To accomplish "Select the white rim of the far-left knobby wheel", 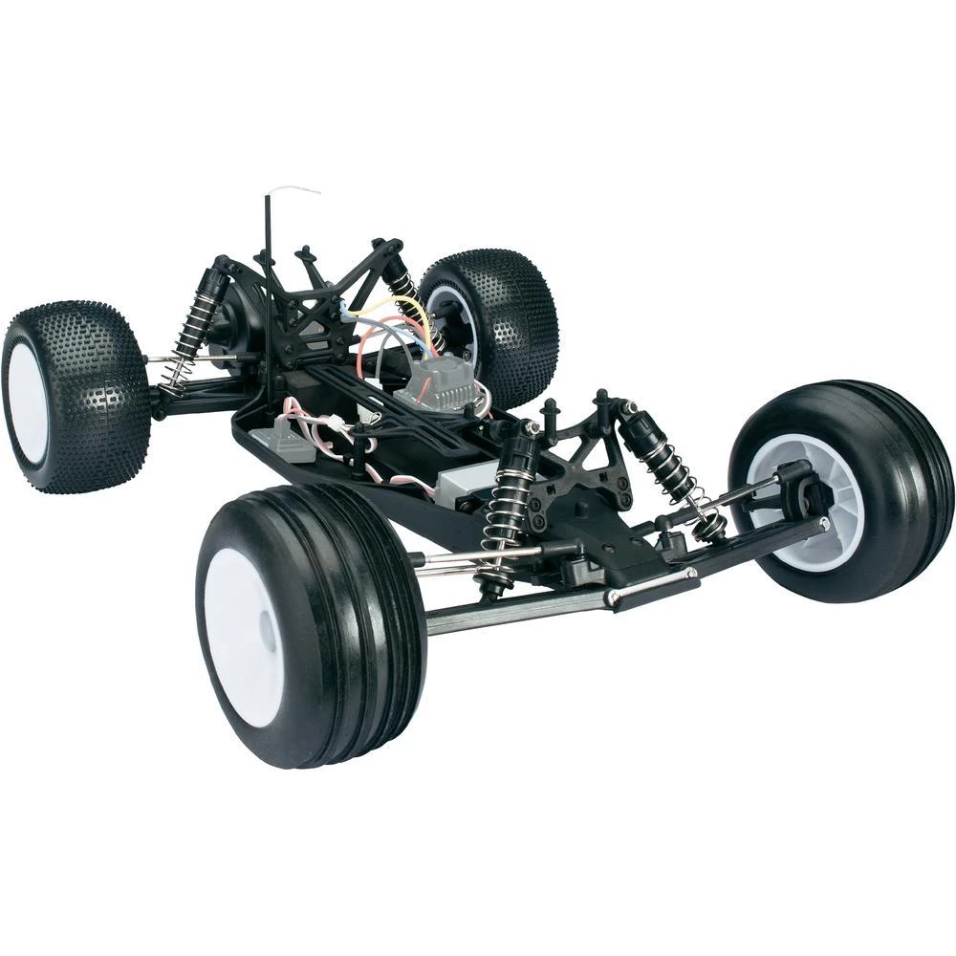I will (27, 402).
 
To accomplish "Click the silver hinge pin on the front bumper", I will (650, 585).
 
